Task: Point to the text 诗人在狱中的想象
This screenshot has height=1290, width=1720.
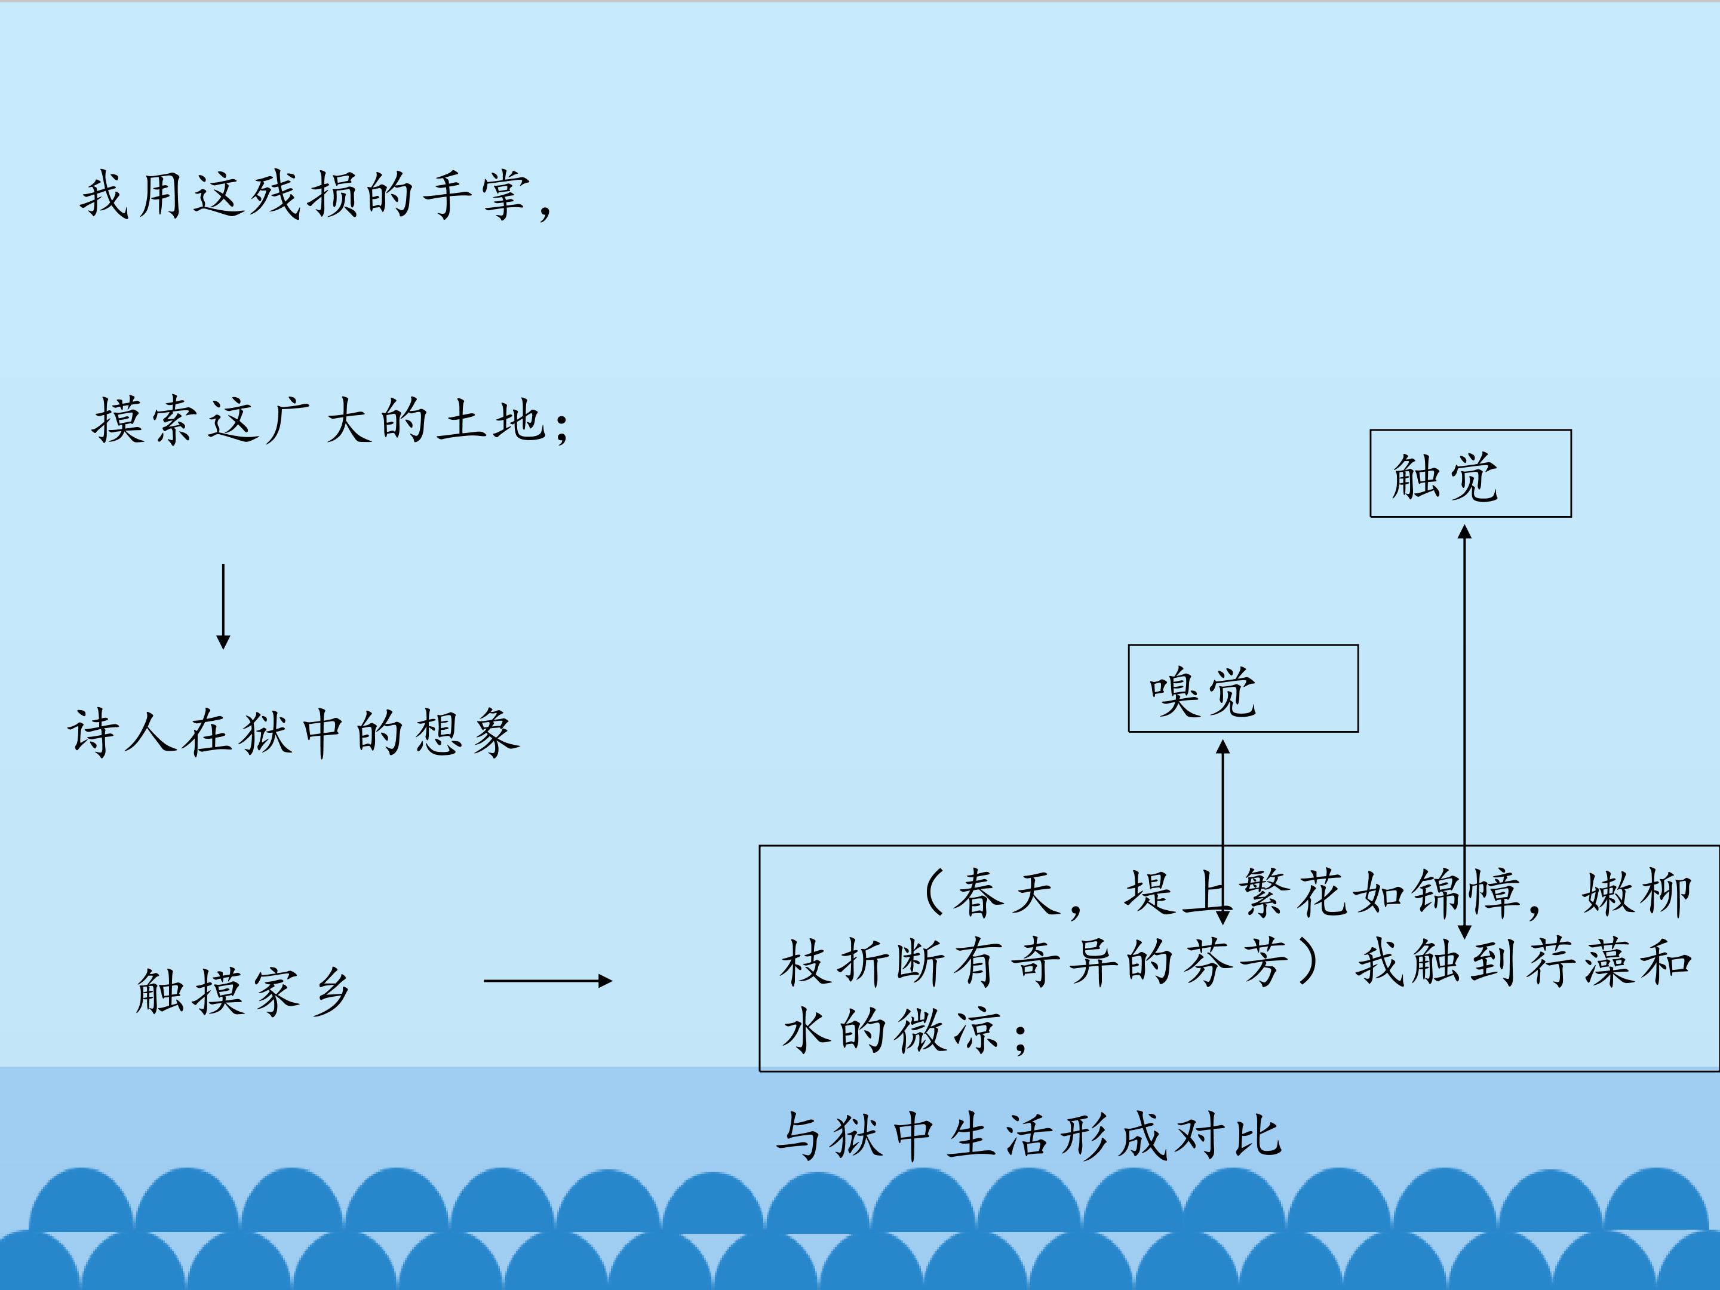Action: [x=294, y=732]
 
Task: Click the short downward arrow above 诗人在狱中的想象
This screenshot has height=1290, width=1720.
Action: [x=223, y=607]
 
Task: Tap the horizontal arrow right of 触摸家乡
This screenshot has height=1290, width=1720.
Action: [x=548, y=981]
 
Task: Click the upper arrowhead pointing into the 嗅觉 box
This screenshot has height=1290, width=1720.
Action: [x=1223, y=747]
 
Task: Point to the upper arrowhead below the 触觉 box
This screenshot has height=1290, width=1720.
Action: [x=1464, y=532]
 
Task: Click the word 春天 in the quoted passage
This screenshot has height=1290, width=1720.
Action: [x=1007, y=893]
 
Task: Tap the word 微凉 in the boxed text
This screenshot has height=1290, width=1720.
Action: [x=948, y=1030]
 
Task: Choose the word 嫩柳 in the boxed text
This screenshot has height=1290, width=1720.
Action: [x=1637, y=893]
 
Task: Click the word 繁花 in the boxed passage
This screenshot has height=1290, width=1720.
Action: [x=1294, y=893]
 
